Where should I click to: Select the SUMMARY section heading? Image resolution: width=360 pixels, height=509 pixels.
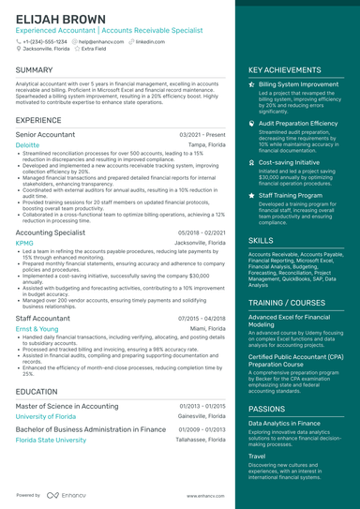[x=35, y=70]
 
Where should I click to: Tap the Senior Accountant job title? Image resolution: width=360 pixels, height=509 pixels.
[x=45, y=135]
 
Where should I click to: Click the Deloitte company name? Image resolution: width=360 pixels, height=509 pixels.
[x=27, y=146]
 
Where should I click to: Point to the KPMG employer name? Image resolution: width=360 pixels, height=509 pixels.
[x=24, y=242]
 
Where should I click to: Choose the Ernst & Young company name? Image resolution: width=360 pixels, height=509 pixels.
[x=37, y=329]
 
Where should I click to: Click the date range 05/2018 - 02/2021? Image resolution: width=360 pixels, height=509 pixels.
[x=201, y=232]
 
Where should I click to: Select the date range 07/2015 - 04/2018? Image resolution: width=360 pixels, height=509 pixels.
[x=201, y=319]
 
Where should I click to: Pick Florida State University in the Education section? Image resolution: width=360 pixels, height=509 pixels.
[x=51, y=439]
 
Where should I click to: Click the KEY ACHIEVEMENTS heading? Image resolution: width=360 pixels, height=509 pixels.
[x=292, y=70]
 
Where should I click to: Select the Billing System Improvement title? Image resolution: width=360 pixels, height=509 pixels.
[x=299, y=84]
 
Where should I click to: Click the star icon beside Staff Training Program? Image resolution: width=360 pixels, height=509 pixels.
[x=252, y=195]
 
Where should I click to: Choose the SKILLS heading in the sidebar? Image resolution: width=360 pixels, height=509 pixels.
[x=262, y=241]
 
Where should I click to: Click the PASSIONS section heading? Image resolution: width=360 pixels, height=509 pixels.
[x=267, y=409]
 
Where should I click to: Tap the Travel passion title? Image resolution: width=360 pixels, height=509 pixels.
[x=257, y=457]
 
